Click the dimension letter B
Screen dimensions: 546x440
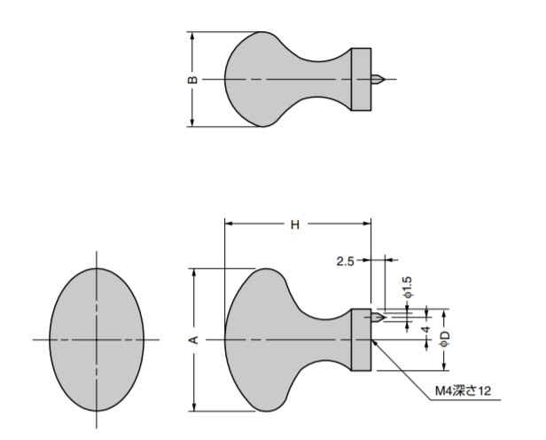click(192, 80)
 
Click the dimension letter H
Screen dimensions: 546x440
click(295, 225)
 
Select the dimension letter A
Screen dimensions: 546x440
click(194, 340)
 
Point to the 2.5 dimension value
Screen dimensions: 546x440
click(345, 261)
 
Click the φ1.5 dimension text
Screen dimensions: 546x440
click(408, 287)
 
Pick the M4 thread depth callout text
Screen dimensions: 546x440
click(463, 390)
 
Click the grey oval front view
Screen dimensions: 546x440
click(97, 340)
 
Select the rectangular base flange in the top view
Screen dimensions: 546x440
click(361, 80)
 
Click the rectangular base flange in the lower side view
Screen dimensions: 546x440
click(361, 340)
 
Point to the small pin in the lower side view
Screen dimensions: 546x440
click(378, 318)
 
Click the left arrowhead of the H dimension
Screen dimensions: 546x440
click(229, 224)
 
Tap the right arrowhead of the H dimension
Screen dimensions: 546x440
click(367, 224)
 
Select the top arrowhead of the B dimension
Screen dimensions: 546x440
click(191, 35)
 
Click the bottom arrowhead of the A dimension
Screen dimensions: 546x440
click(194, 407)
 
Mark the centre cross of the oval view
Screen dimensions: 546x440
click(97, 340)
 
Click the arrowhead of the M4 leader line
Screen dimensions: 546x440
click(374, 342)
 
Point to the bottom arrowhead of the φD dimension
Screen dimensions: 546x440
click(444, 366)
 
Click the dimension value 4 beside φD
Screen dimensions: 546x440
click(426, 329)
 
